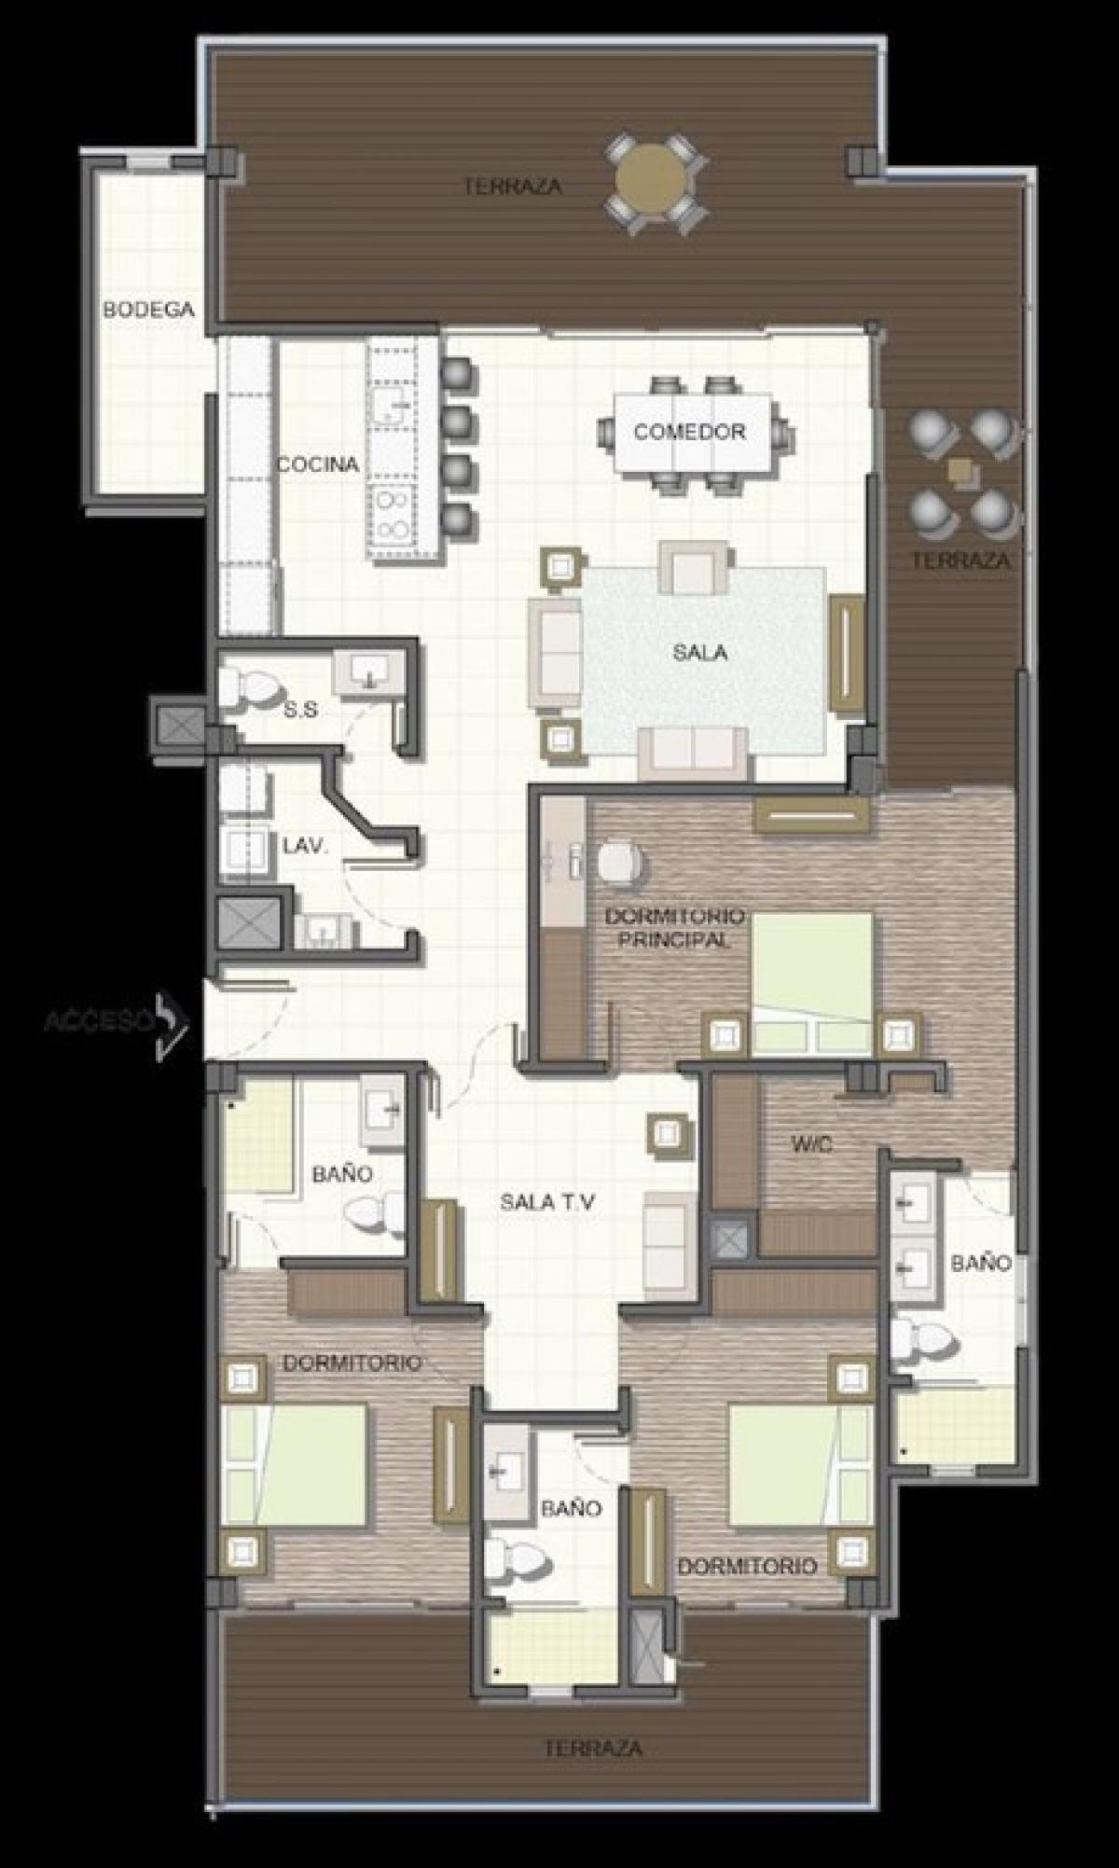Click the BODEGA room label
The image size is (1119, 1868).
coord(148,310)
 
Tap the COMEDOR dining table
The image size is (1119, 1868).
coord(692,433)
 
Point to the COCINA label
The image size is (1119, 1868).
coord(318,464)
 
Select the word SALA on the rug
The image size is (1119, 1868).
coord(700,653)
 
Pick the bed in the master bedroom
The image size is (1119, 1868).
coord(813,983)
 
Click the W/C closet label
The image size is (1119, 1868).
coord(811,1144)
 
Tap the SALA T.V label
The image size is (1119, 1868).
coord(547,1202)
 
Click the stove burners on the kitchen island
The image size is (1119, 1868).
coord(392,515)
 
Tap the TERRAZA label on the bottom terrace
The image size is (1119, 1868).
coord(593,1748)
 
